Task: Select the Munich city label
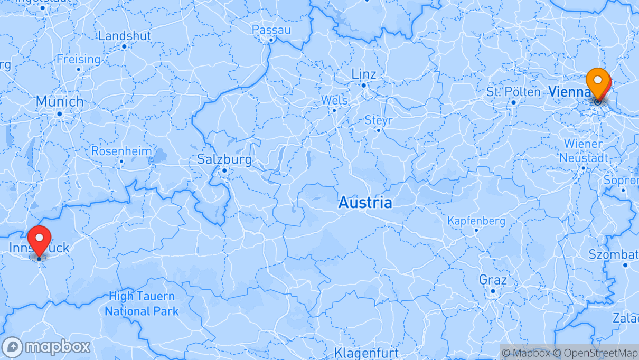pos(59,102)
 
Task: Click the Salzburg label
pos(224,159)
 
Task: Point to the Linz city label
pos(363,74)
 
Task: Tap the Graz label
pos(492,279)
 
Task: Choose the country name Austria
pos(365,202)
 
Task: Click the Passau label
pos(271,30)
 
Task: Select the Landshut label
pos(124,36)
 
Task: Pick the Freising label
pos(78,59)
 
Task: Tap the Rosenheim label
pos(121,151)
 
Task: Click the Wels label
pos(334,100)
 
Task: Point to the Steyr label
pos(378,120)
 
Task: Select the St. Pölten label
pos(513,92)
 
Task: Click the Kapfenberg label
pos(476,221)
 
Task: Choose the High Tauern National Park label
pos(141,304)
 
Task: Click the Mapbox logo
pos(46,347)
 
